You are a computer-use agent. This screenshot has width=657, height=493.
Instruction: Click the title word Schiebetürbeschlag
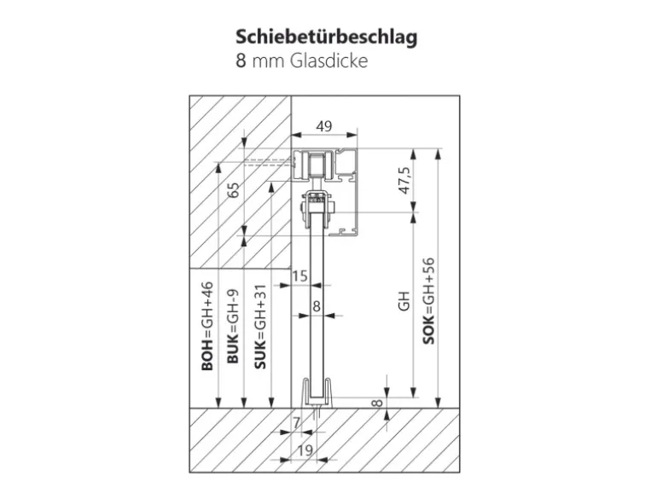point(327,38)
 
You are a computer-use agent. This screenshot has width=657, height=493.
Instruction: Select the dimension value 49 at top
point(324,126)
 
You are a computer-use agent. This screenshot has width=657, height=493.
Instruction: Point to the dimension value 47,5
point(404,181)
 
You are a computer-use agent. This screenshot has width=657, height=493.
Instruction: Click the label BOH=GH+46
point(207,328)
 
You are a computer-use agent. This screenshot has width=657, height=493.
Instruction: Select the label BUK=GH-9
point(233,328)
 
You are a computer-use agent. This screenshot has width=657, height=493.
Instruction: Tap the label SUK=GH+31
point(260,328)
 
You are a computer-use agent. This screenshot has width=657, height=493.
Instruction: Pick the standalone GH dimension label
point(404,300)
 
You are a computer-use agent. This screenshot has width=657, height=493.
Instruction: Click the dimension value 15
point(299,276)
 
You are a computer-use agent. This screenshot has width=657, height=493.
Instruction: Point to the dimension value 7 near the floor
point(296,421)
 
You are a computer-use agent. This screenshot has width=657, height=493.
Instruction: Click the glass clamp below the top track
point(317,207)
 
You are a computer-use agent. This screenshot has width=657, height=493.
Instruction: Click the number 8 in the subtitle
point(242,61)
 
